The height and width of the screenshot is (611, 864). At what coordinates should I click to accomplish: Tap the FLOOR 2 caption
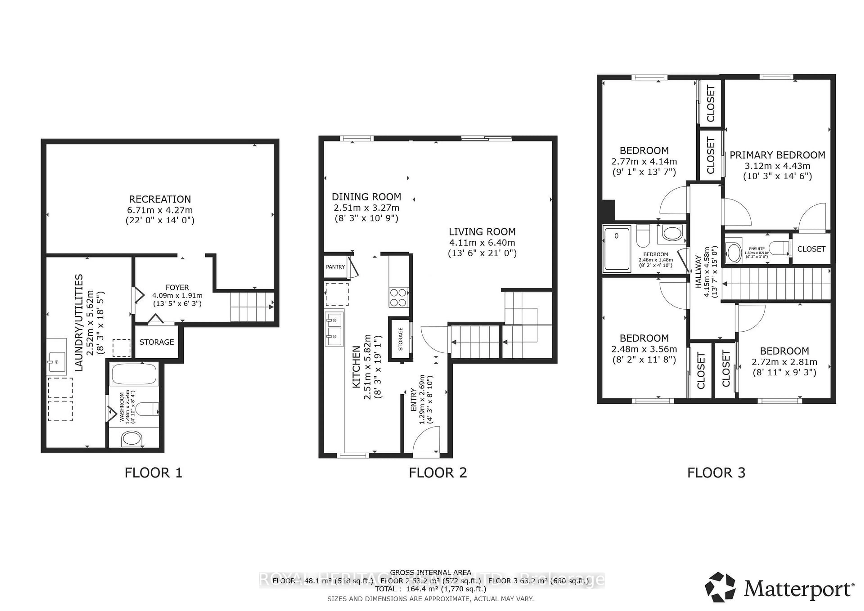pyautogui.click(x=438, y=473)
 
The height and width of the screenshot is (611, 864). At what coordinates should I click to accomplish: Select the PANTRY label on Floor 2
pyautogui.click(x=335, y=267)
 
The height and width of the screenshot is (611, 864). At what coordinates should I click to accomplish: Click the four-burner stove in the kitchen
pyautogui.click(x=398, y=297)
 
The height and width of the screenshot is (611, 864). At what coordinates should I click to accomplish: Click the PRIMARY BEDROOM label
pyautogui.click(x=777, y=155)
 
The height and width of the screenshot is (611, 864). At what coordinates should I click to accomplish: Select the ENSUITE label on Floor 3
pyautogui.click(x=756, y=249)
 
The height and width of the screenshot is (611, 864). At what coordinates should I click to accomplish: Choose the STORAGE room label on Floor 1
pyautogui.click(x=157, y=342)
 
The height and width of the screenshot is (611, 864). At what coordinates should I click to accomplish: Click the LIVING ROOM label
pyautogui.click(x=482, y=232)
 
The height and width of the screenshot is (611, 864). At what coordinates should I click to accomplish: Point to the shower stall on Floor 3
pyautogui.click(x=616, y=248)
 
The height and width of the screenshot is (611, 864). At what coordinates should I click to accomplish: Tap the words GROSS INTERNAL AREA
pyautogui.click(x=430, y=573)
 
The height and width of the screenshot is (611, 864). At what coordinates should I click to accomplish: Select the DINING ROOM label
pyautogui.click(x=366, y=197)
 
